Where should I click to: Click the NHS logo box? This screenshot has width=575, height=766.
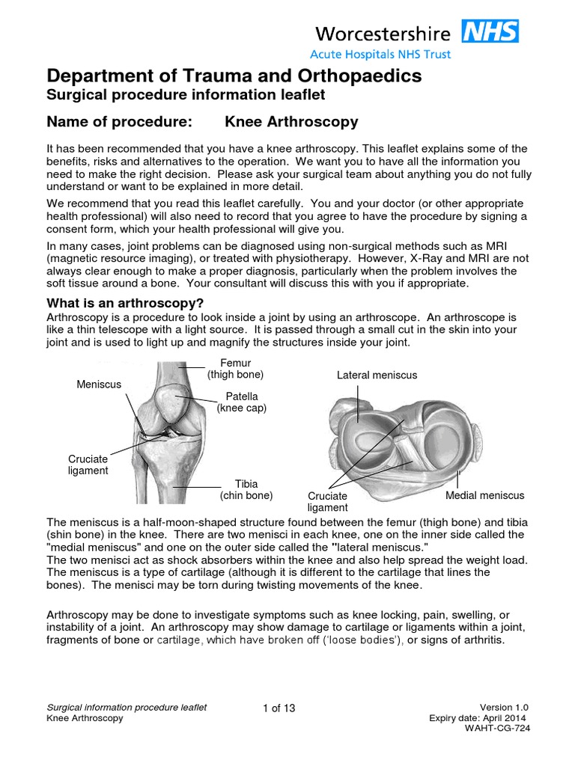pos(491,32)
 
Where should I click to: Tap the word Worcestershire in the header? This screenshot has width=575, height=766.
pos(382,33)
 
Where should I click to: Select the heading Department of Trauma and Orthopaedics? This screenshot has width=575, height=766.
pos(234,76)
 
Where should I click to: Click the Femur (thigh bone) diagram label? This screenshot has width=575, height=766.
pos(235,368)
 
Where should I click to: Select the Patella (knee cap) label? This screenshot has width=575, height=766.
pos(241,402)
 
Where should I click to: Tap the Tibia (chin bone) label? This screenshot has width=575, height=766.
pos(246,490)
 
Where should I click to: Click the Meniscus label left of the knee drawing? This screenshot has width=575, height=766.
pos(99,384)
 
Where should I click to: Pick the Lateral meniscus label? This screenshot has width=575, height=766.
pos(377,375)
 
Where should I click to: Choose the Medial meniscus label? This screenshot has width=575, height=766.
pos(484,495)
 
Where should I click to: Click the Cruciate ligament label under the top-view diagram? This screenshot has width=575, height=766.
pos(328,502)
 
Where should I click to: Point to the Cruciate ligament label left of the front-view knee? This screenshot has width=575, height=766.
pos(88,465)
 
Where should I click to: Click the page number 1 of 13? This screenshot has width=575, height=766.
pos(279,708)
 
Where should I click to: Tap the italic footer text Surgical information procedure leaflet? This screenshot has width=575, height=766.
pos(127,708)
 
